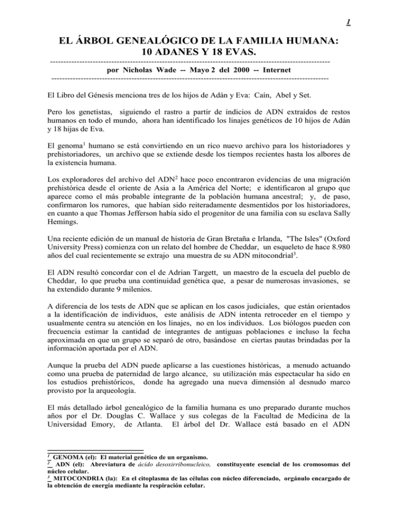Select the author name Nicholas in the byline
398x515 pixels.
[135, 69]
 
